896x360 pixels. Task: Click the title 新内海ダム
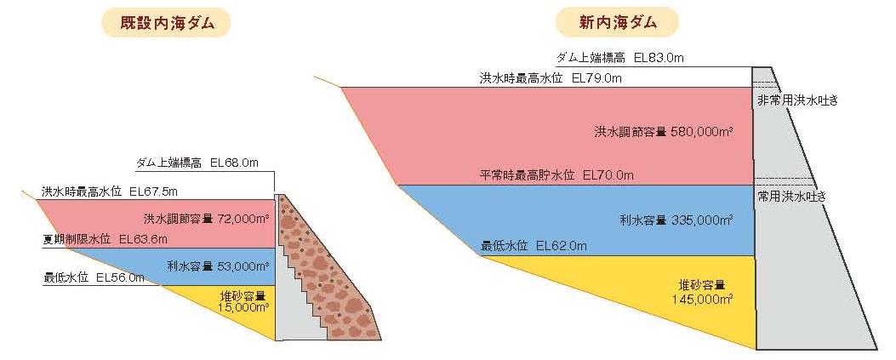pos(618,21)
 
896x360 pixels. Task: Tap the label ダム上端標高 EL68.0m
pos(197,163)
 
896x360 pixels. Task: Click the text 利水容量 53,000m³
pos(218,266)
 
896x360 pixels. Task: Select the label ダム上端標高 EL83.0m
pos(620,58)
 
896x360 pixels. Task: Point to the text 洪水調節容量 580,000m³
pos(664,132)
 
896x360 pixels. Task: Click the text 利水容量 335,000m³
pos(676,220)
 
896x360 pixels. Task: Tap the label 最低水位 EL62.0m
pos(534,246)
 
